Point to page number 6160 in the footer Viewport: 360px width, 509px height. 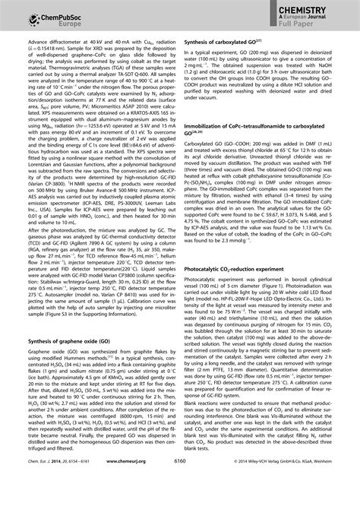(x=179, y=501)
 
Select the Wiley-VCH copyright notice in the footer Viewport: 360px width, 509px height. (x=295, y=501)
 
